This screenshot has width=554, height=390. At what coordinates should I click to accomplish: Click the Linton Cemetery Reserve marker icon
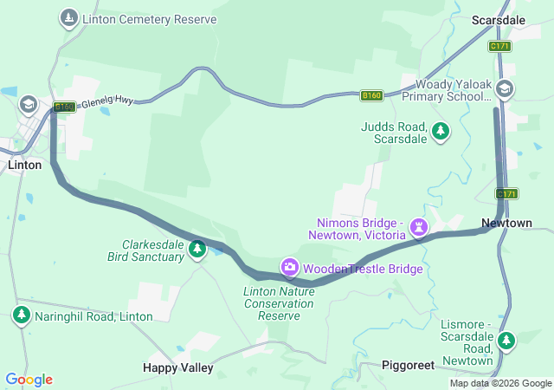68,18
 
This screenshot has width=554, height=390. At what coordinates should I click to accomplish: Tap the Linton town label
24,164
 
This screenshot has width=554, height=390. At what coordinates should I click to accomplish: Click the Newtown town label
506,223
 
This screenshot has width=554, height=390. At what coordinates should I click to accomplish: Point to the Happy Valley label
177,367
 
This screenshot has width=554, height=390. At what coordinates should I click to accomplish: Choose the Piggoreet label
408,366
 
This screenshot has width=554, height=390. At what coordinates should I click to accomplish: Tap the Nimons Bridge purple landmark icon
419,227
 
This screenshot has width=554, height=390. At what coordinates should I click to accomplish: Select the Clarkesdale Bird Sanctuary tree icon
196,250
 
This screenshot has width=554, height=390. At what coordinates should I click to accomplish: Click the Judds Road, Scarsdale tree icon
441,131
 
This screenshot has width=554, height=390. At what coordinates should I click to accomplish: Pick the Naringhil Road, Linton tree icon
22,315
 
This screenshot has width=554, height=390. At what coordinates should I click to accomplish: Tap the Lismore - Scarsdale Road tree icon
506,341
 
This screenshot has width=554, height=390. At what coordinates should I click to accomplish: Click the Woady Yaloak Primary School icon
506,88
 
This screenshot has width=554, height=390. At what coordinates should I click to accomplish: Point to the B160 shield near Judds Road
371,94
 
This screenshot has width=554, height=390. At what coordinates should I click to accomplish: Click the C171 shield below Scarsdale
499,46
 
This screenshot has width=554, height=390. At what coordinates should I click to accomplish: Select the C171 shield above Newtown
507,193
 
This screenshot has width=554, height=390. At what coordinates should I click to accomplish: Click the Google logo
29,380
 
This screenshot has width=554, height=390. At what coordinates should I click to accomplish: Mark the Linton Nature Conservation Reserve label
279,303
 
